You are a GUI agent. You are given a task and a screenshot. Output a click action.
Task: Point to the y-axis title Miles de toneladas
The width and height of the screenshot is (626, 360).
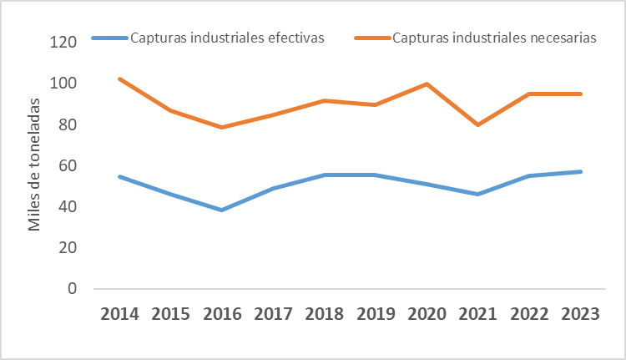coord(34,165)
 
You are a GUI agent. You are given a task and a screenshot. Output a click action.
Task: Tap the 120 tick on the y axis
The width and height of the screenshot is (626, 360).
coord(64,43)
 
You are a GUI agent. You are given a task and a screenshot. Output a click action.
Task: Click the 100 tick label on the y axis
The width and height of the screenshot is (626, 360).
coord(64,84)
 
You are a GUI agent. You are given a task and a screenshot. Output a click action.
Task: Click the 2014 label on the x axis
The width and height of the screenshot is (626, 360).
coord(120,314)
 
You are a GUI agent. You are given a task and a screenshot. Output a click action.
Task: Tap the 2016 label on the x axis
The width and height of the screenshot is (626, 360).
coord(222,314)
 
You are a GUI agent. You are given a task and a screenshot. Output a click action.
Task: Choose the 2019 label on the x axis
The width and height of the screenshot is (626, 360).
coord(375,314)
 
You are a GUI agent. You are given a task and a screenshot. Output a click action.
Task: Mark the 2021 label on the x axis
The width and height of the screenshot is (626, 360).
coord(477,314)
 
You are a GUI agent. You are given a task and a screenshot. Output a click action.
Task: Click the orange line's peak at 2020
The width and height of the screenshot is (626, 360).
coord(427,84)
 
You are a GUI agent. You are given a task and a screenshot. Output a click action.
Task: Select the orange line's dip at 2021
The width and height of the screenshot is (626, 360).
coord(477,124)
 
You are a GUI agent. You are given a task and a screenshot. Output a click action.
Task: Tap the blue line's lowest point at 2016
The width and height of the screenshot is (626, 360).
coord(222,210)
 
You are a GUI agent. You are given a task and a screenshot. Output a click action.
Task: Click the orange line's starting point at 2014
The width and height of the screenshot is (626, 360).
coord(120,79)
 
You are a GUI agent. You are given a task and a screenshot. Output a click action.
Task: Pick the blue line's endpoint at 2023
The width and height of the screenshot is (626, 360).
coord(579,171)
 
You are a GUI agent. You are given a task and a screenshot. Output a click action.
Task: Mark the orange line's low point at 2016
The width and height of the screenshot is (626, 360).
coord(222,127)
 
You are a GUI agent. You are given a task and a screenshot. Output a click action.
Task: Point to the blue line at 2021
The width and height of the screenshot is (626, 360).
coord(477,194)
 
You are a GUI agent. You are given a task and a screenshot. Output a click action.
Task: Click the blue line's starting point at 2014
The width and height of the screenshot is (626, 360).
coord(120,176)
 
